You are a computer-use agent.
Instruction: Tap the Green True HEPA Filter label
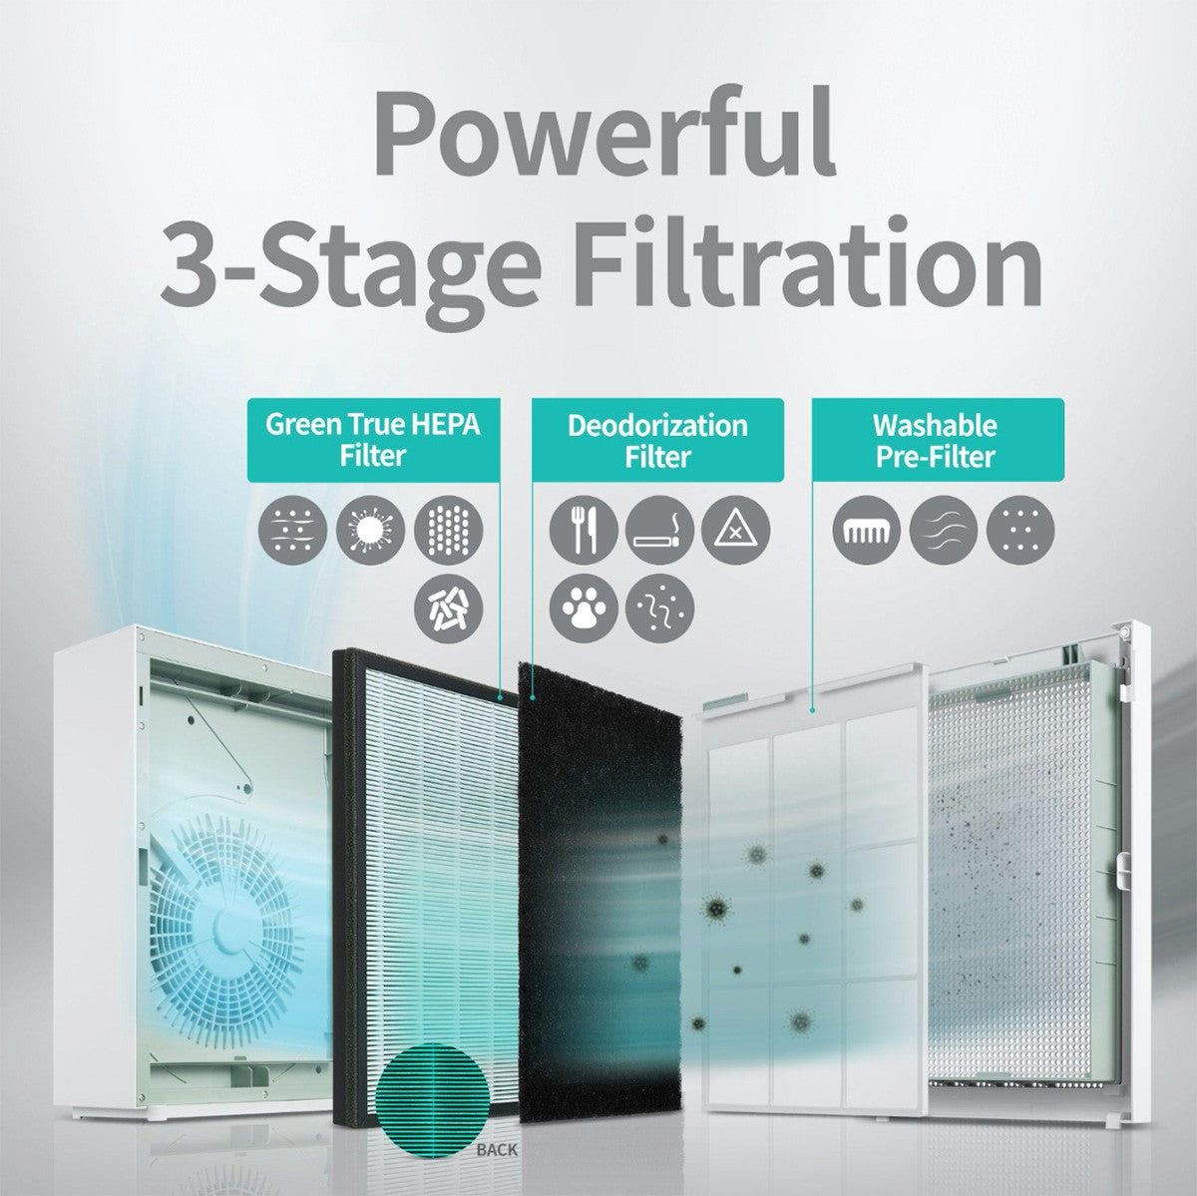pos(372,440)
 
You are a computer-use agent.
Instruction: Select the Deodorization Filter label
pos(657,440)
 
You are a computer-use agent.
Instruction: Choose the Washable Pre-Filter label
pos(936,440)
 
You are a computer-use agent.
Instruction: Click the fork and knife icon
pos(583,530)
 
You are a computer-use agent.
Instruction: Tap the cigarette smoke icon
pos(659,530)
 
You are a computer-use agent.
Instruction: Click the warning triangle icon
pos(736,530)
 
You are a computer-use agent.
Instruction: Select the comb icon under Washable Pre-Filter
pos(866,530)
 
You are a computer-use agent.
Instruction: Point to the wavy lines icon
pos(943,530)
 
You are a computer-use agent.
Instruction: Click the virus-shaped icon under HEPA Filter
pos(371,530)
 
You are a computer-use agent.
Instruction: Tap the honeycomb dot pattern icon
pos(448,530)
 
